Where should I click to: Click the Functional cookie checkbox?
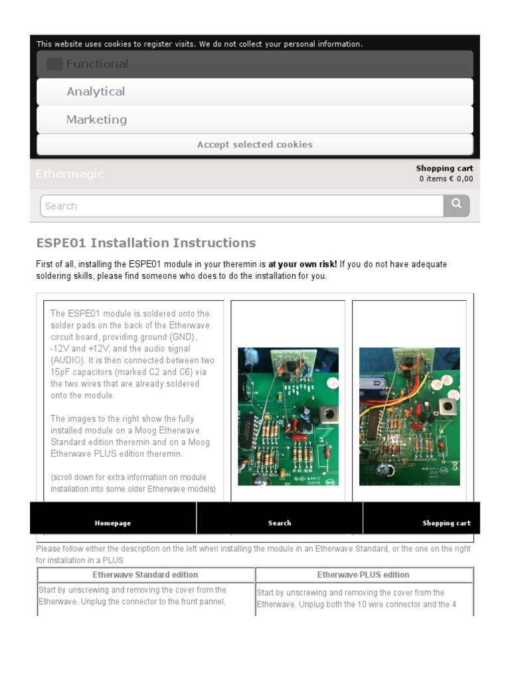pyautogui.click(x=54, y=64)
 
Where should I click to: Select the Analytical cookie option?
pyautogui.click(x=96, y=92)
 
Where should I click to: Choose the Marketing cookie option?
pyautogui.click(x=96, y=120)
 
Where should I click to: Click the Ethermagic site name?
pyautogui.click(x=70, y=174)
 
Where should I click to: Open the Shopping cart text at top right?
pyautogui.click(x=444, y=169)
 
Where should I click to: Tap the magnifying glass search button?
pyautogui.click(x=456, y=205)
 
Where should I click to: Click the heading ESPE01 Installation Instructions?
pyautogui.click(x=146, y=242)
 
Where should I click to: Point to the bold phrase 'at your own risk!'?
pyautogui.click(x=302, y=264)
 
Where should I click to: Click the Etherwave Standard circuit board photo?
pyautogui.click(x=288, y=416)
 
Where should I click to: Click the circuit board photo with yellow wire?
pyautogui.click(x=409, y=416)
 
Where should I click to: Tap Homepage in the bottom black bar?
pyautogui.click(x=113, y=523)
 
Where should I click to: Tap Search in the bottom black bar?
pyautogui.click(x=280, y=523)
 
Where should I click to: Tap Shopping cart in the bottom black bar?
pyautogui.click(x=446, y=523)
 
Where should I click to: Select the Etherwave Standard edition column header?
pyautogui.click(x=145, y=574)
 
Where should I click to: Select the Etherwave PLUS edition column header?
pyautogui.click(x=363, y=574)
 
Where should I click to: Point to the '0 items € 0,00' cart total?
pyautogui.click(x=446, y=179)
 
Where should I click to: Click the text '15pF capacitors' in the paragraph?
pyautogui.click(x=81, y=372)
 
